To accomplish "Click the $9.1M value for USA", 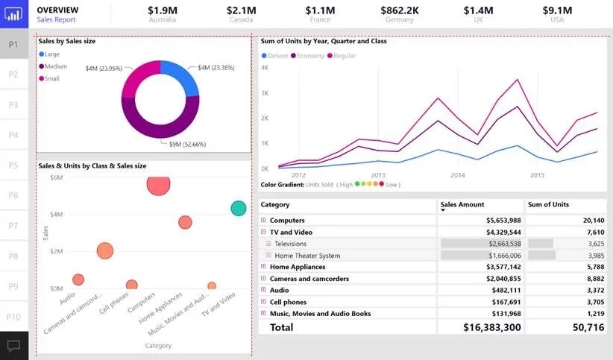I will click(x=557, y=10).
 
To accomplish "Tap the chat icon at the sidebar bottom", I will click(x=13, y=346).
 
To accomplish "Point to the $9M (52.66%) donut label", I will click(x=187, y=144).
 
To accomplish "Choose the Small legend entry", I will click(x=51, y=78).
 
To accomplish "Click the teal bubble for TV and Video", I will click(x=239, y=209).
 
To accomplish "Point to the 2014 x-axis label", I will click(x=457, y=175).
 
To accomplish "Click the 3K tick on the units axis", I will click(x=265, y=93).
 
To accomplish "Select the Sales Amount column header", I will click(x=462, y=204).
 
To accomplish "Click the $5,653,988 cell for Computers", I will click(x=503, y=221).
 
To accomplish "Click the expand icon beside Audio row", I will click(x=263, y=290).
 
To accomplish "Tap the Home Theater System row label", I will click(x=307, y=255).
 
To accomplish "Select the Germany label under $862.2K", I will click(x=399, y=20).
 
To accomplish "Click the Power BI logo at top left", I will click(x=13, y=13).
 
